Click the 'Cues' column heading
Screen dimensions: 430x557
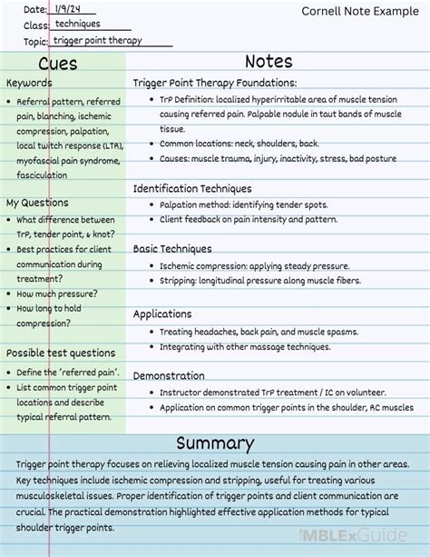[58, 64]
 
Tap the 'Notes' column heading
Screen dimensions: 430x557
[269, 62]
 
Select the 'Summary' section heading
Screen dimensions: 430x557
[214, 443]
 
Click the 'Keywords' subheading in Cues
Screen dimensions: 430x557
[29, 84]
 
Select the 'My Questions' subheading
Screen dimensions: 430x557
[37, 202]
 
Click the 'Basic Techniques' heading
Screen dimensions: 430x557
[172, 248]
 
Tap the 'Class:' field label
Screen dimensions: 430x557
[36, 25]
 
